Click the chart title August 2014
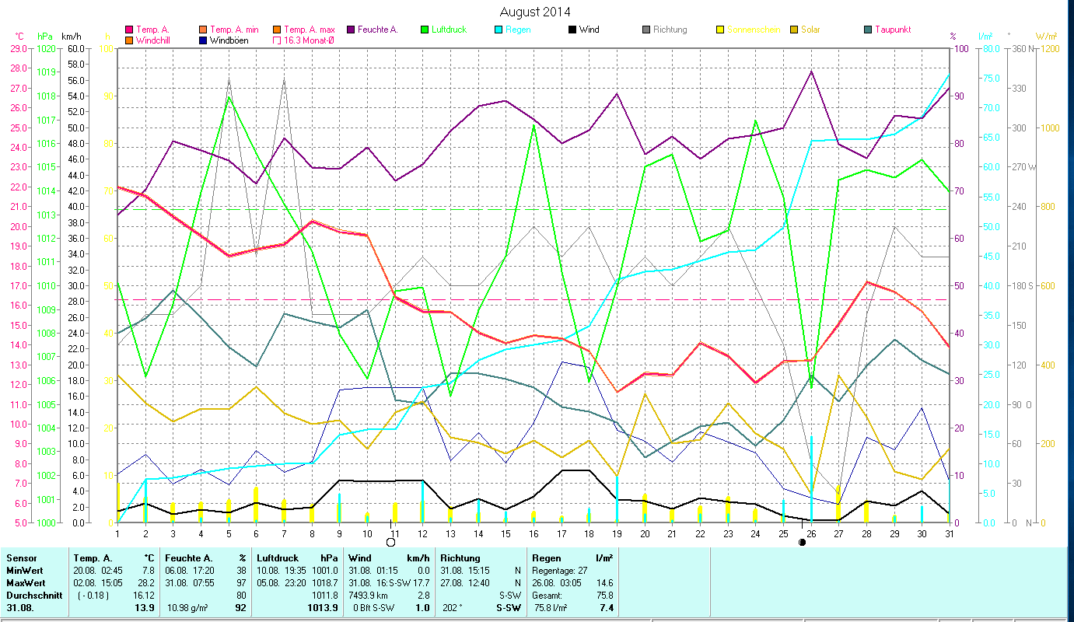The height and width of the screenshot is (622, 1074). tap(534, 12)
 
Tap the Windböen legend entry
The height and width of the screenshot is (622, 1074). tap(229, 40)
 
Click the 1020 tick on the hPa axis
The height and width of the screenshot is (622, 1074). tap(46, 48)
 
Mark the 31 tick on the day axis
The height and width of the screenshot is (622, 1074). tap(949, 533)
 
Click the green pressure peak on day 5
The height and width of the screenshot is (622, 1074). tap(229, 96)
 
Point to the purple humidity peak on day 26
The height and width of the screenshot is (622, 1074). tap(811, 72)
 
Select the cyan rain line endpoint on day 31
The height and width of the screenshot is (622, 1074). tap(949, 75)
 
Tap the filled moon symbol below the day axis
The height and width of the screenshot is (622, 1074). tap(802, 542)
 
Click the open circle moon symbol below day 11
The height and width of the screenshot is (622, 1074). tap(390, 542)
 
